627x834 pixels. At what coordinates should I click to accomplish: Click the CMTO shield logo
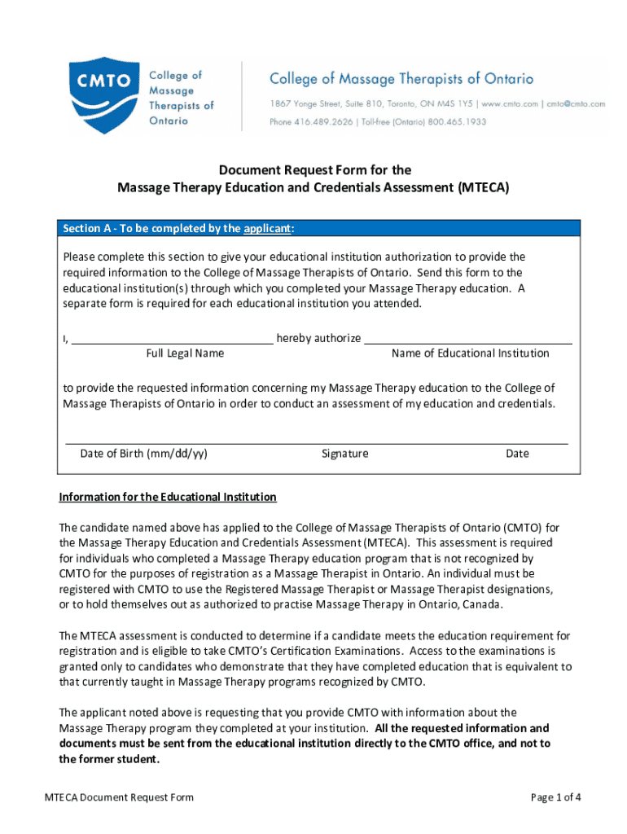(x=104, y=94)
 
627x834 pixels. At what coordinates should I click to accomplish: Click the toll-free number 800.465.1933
(x=461, y=121)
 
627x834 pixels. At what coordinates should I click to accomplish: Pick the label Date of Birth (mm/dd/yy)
(x=143, y=454)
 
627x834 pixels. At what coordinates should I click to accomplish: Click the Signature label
(x=344, y=454)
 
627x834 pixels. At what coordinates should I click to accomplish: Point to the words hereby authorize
(x=318, y=338)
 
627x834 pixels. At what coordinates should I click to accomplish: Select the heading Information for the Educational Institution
(x=168, y=497)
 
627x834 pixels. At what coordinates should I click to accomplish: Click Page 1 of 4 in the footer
(x=555, y=797)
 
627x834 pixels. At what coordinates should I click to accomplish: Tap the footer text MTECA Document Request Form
(x=119, y=797)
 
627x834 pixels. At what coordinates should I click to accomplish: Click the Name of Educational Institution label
(x=470, y=353)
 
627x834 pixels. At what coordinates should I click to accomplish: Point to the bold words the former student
(x=109, y=759)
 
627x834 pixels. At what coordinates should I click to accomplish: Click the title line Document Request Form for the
(x=313, y=170)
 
